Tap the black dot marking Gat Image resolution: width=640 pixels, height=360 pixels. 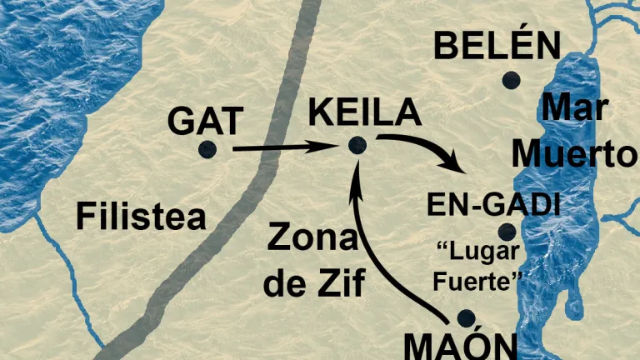(x=207, y=149)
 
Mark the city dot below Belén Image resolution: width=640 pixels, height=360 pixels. (x=511, y=80)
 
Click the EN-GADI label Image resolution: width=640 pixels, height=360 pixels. (x=492, y=204)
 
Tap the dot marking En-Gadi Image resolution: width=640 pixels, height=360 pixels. (x=507, y=232)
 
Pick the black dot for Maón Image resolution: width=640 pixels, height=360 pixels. (x=466, y=317)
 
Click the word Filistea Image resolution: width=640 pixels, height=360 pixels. (x=141, y=217)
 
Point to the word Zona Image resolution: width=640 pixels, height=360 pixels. (x=312, y=241)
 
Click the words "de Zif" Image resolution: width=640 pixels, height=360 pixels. (x=314, y=283)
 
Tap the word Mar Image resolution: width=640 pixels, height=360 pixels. (x=573, y=108)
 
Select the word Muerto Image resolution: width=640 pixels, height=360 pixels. (x=575, y=153)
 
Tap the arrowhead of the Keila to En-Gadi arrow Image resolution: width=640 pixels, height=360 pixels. (x=457, y=165)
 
